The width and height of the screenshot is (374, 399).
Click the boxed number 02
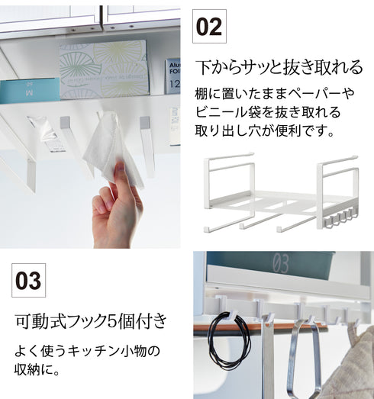tap(209, 27)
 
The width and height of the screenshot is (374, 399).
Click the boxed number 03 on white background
tap(28, 281)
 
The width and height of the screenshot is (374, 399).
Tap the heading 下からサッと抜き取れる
tap(279, 67)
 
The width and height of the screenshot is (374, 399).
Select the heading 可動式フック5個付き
tap(91, 321)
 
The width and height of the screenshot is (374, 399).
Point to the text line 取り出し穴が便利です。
tap(265, 130)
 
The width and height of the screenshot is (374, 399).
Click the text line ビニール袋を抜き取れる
tap(268, 112)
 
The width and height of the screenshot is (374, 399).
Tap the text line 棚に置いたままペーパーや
tap(275, 93)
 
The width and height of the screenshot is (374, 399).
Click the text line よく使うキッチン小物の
tap(87, 351)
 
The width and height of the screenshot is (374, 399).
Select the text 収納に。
tap(37, 369)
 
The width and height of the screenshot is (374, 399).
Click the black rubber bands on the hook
tap(229, 337)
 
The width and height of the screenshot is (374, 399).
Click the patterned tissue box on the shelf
tap(104, 69)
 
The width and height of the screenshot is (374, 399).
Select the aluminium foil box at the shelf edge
tap(172, 76)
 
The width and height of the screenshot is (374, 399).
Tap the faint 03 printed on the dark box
tap(280, 263)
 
